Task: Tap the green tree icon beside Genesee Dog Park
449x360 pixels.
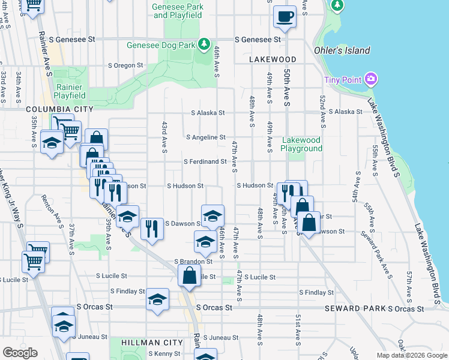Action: click(204, 44)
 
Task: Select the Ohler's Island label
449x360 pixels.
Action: click(342, 50)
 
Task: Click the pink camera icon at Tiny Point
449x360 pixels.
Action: click(371, 79)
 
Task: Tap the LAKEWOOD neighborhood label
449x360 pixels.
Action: click(273, 59)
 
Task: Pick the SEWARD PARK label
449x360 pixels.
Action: click(354, 308)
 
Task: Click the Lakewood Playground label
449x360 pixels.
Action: click(301, 144)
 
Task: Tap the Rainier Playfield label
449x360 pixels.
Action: click(71, 91)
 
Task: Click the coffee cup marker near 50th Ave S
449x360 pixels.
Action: click(285, 16)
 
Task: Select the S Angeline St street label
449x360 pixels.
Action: click(206, 137)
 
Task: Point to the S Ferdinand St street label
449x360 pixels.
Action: click(205, 161)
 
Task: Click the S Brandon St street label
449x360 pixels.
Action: click(193, 262)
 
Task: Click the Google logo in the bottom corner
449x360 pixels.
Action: click(20, 353)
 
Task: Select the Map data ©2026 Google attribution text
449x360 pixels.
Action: click(411, 355)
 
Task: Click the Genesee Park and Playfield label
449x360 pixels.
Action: click(178, 10)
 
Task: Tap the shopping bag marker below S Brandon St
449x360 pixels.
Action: click(190, 276)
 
